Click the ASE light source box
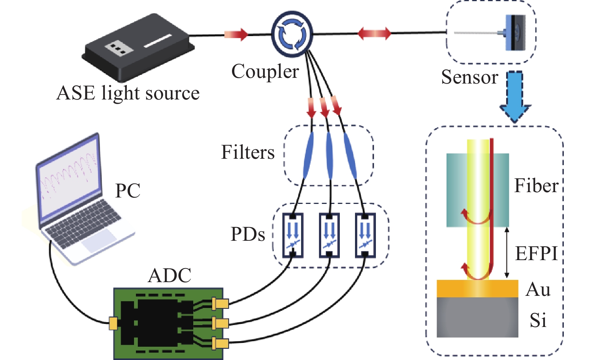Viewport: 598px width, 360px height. tap(137, 47)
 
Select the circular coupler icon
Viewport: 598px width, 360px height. tap(292, 34)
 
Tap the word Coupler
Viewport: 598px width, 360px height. tap(265, 71)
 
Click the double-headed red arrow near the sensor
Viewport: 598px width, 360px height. tap(374, 33)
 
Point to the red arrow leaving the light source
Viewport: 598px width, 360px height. tap(236, 35)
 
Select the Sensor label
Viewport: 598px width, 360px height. tap(469, 77)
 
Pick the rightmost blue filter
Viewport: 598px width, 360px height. tap(350, 156)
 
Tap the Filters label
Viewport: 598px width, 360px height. tap(248, 153)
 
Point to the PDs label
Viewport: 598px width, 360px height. tap(248, 235)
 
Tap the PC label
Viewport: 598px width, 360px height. tap(128, 191)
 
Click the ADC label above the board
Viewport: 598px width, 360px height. tap(169, 276)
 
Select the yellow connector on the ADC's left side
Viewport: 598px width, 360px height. tap(113, 323)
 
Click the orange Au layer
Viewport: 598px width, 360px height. tap(477, 289)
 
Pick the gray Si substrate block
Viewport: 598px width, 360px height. tap(477, 317)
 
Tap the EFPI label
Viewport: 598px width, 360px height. tap(536, 253)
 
